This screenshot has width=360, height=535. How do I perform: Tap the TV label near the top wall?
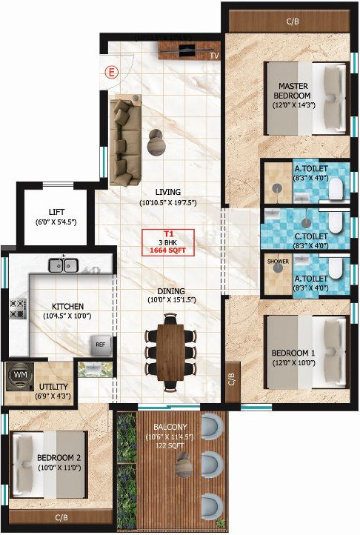pyautogui.click(x=213, y=55)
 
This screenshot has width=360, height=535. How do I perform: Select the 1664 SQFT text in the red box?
pyautogui.click(x=168, y=250)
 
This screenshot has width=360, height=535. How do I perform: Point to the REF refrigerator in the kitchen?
pyautogui.click(x=100, y=344)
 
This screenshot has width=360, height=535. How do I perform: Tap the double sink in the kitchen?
pyautogui.click(x=64, y=265)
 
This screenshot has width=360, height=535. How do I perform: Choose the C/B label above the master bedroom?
pyautogui.click(x=293, y=21)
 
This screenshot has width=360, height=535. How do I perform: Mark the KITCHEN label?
pyautogui.click(x=67, y=306)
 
